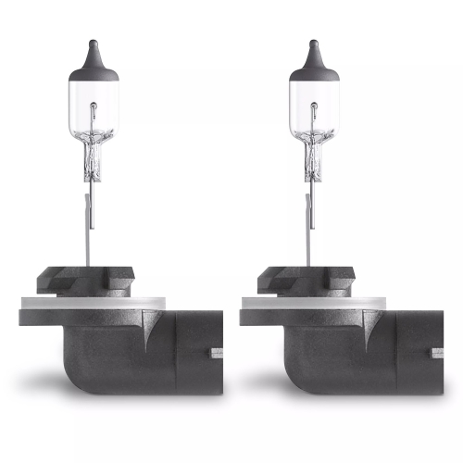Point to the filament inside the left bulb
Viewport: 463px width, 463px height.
[93, 139]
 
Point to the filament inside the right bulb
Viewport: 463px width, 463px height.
[313, 139]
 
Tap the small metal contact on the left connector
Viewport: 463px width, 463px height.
[218, 353]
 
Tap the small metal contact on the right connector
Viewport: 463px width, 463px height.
[438, 353]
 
